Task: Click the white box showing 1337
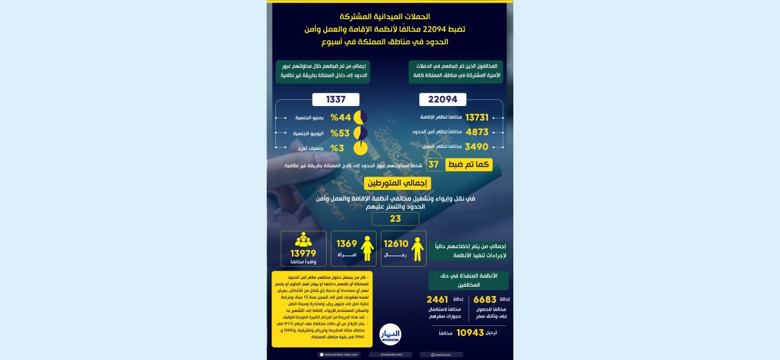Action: [335, 99]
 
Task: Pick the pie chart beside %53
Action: [360, 133]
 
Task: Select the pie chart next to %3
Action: [360, 148]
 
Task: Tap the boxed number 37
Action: [433, 165]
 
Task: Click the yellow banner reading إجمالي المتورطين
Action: [397, 183]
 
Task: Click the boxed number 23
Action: [395, 219]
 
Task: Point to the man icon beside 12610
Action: [417, 249]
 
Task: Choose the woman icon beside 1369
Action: [367, 249]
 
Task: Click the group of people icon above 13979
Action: [303, 239]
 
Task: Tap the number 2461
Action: [437, 300]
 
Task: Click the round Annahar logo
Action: [390, 333]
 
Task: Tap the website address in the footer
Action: [341, 355]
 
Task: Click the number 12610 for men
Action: [396, 244]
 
